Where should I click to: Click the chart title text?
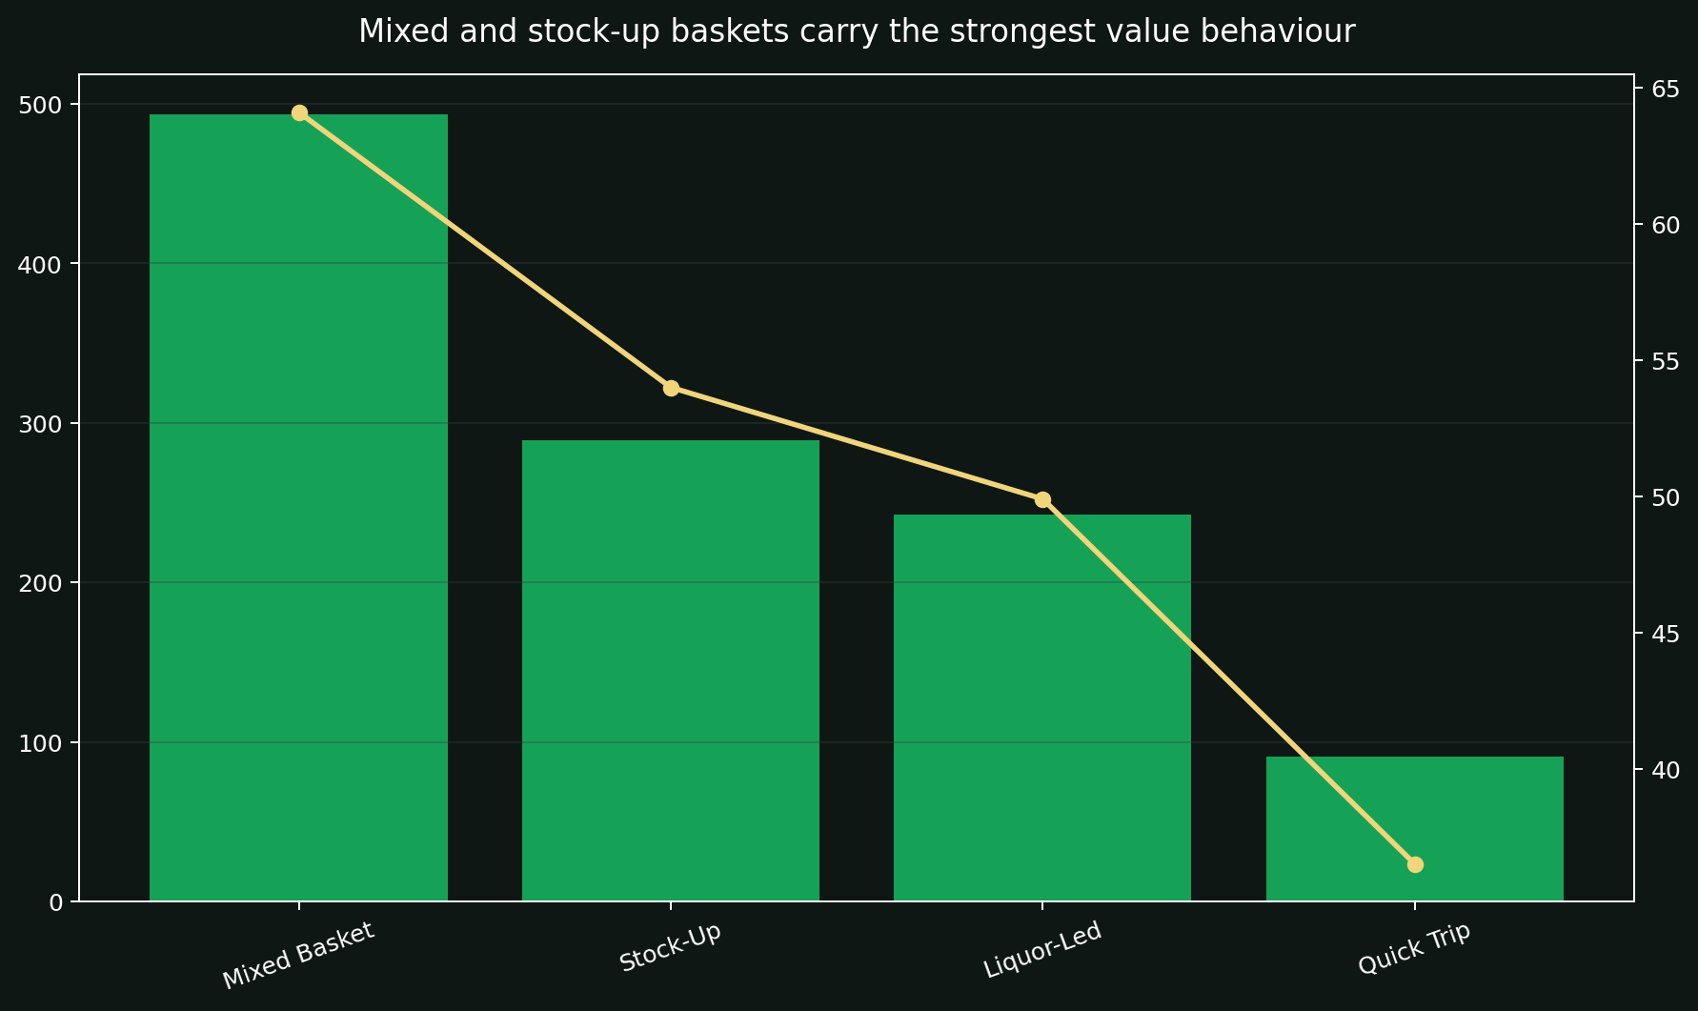coord(856,32)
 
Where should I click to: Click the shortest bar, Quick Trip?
coord(1414,828)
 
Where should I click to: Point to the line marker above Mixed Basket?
coord(299,112)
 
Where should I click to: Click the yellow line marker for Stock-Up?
coord(671,388)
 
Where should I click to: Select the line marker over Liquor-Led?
coord(1042,499)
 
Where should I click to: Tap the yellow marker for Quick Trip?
coord(1415,864)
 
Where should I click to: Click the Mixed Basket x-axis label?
coord(298,955)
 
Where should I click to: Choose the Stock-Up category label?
coord(670,948)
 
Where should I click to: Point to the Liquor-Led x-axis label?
coord(1041,949)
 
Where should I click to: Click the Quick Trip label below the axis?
coord(1414,949)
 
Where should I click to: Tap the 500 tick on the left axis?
coord(40,105)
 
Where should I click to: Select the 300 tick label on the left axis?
coord(40,424)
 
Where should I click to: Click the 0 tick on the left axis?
coord(55,902)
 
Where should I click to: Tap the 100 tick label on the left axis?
coord(40,743)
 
